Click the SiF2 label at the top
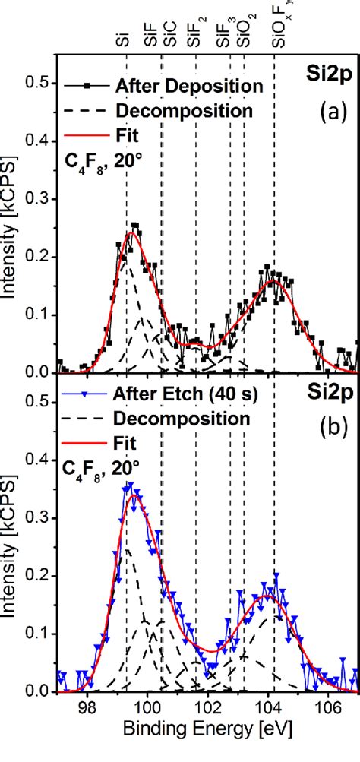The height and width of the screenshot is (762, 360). point(196,31)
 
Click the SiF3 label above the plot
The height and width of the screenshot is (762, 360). point(223,31)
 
